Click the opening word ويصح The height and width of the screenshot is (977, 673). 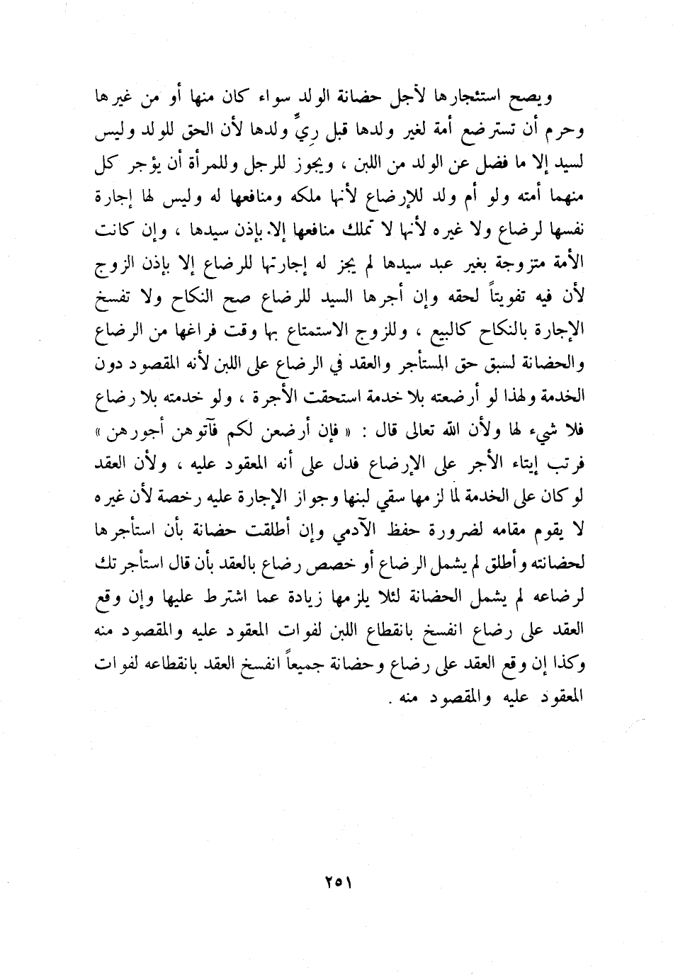(x=554, y=97)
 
